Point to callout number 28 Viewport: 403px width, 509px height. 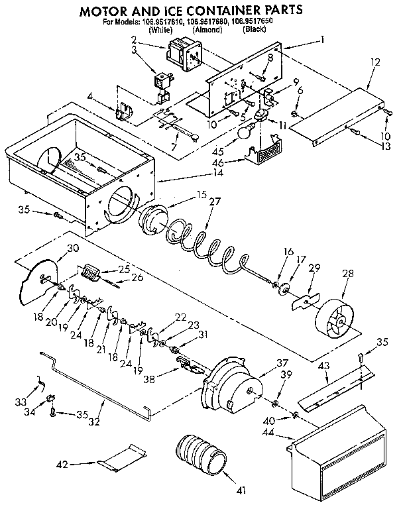tap(347, 274)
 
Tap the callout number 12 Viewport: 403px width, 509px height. tap(375, 62)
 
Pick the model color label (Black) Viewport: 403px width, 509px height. tap(255, 30)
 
